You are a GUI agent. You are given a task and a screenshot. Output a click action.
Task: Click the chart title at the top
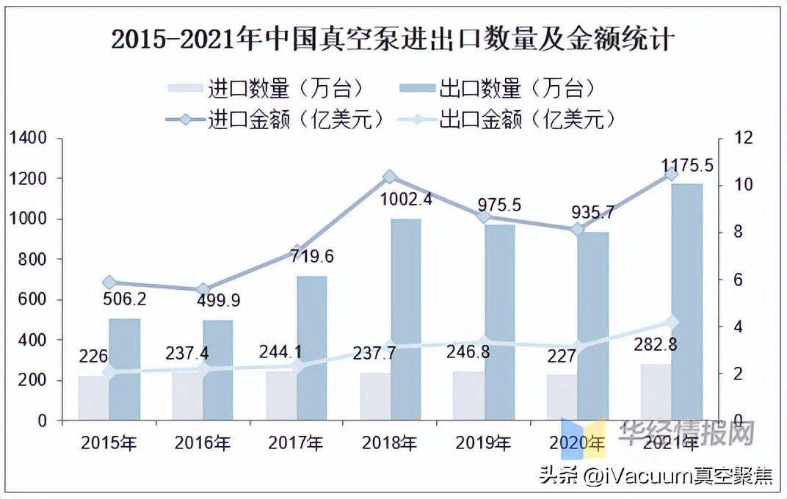pos(392,39)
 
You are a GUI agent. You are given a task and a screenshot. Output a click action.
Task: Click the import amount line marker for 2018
pos(390,176)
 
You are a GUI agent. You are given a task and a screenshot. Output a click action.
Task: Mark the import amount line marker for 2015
pos(109,283)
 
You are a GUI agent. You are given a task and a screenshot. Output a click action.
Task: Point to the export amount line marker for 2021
pos(671,321)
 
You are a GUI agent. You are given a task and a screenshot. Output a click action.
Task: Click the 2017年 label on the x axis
pos(296,443)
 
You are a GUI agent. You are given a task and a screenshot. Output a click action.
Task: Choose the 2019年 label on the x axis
pos(483,443)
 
